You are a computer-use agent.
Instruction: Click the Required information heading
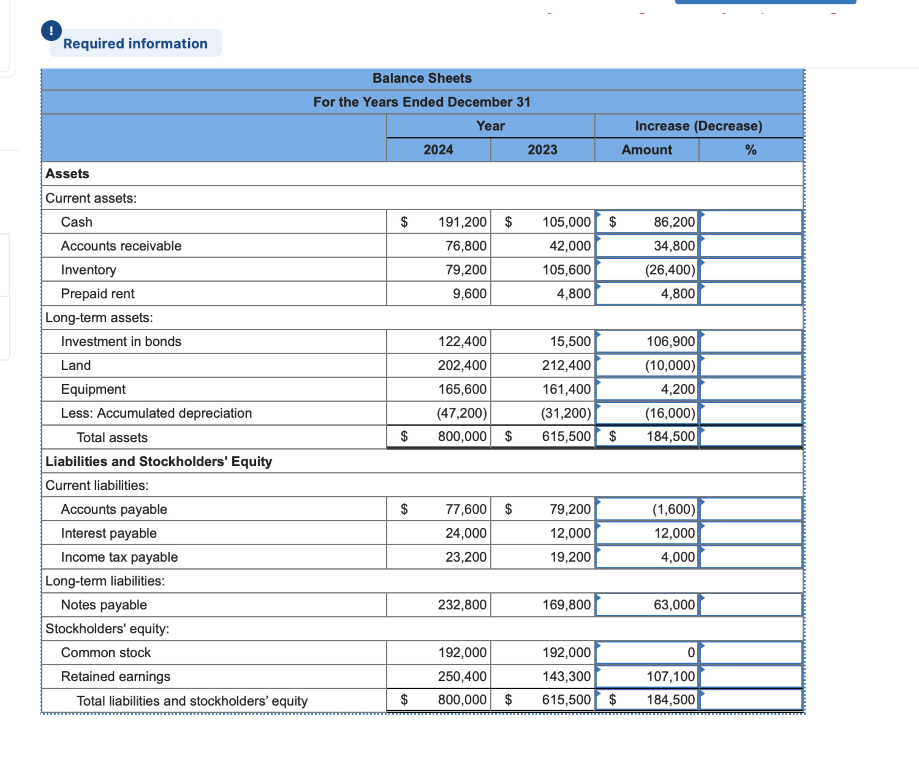click(x=135, y=43)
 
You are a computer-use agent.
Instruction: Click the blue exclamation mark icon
click(x=51, y=31)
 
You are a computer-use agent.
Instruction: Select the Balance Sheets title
click(x=422, y=78)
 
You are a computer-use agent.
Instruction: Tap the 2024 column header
click(x=438, y=149)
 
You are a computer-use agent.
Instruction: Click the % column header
click(x=750, y=149)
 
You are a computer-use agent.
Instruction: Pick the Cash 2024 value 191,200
click(x=462, y=222)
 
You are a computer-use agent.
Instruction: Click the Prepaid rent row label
click(x=98, y=293)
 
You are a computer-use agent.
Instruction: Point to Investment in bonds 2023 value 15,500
click(x=570, y=341)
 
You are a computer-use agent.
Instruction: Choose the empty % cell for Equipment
click(x=750, y=389)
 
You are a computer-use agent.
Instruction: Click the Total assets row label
click(x=112, y=437)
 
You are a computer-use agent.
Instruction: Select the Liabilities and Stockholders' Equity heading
click(x=159, y=461)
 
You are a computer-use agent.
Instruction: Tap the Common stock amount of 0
click(x=690, y=652)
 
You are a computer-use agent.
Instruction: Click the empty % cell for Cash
click(x=750, y=222)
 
